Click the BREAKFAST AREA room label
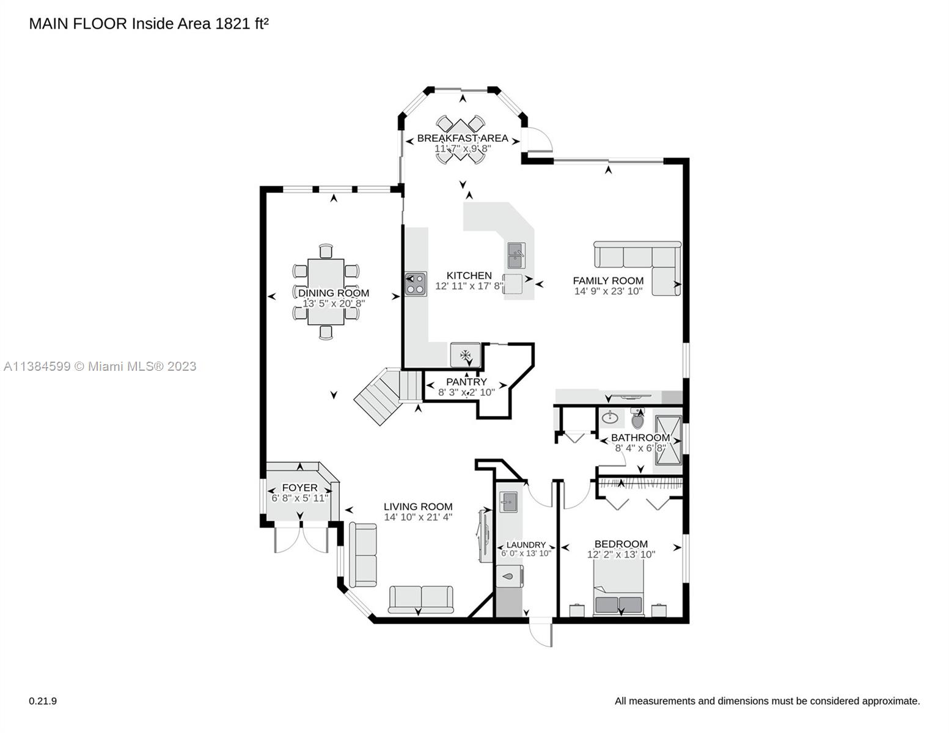[463, 138]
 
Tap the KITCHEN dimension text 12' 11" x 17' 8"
[469, 286]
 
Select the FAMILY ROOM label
[608, 281]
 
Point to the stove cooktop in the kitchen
[416, 284]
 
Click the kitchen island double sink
[516, 256]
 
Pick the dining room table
[326, 291]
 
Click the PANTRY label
[466, 382]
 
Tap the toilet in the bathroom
[637, 418]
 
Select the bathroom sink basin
[610, 418]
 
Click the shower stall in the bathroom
[668, 440]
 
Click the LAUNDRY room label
[526, 545]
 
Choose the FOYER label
[299, 487]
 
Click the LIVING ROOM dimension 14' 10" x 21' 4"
[418, 517]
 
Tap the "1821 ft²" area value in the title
[242, 24]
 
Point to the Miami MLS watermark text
[100, 366]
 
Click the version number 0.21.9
[43, 701]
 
